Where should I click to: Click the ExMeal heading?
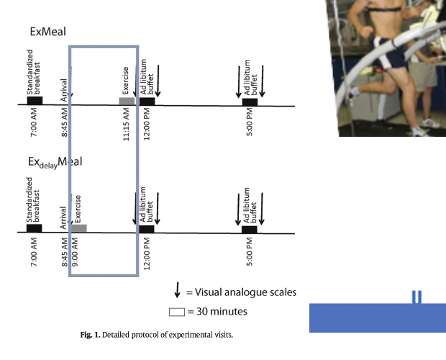coord(50,32)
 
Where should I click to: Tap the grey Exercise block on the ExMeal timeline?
coord(127,101)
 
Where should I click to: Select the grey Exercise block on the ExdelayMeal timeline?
coord(79,228)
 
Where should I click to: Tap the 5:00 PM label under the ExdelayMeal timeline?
coord(249,253)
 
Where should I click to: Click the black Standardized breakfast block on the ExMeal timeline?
coord(35,101)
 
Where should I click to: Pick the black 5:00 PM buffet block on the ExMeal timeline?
coord(250,102)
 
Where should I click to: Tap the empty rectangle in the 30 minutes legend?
coord(176,312)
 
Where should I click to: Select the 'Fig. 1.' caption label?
coord(91,333)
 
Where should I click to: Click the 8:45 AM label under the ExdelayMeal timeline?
coord(65,253)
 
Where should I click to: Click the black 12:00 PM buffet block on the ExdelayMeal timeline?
coord(147,229)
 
